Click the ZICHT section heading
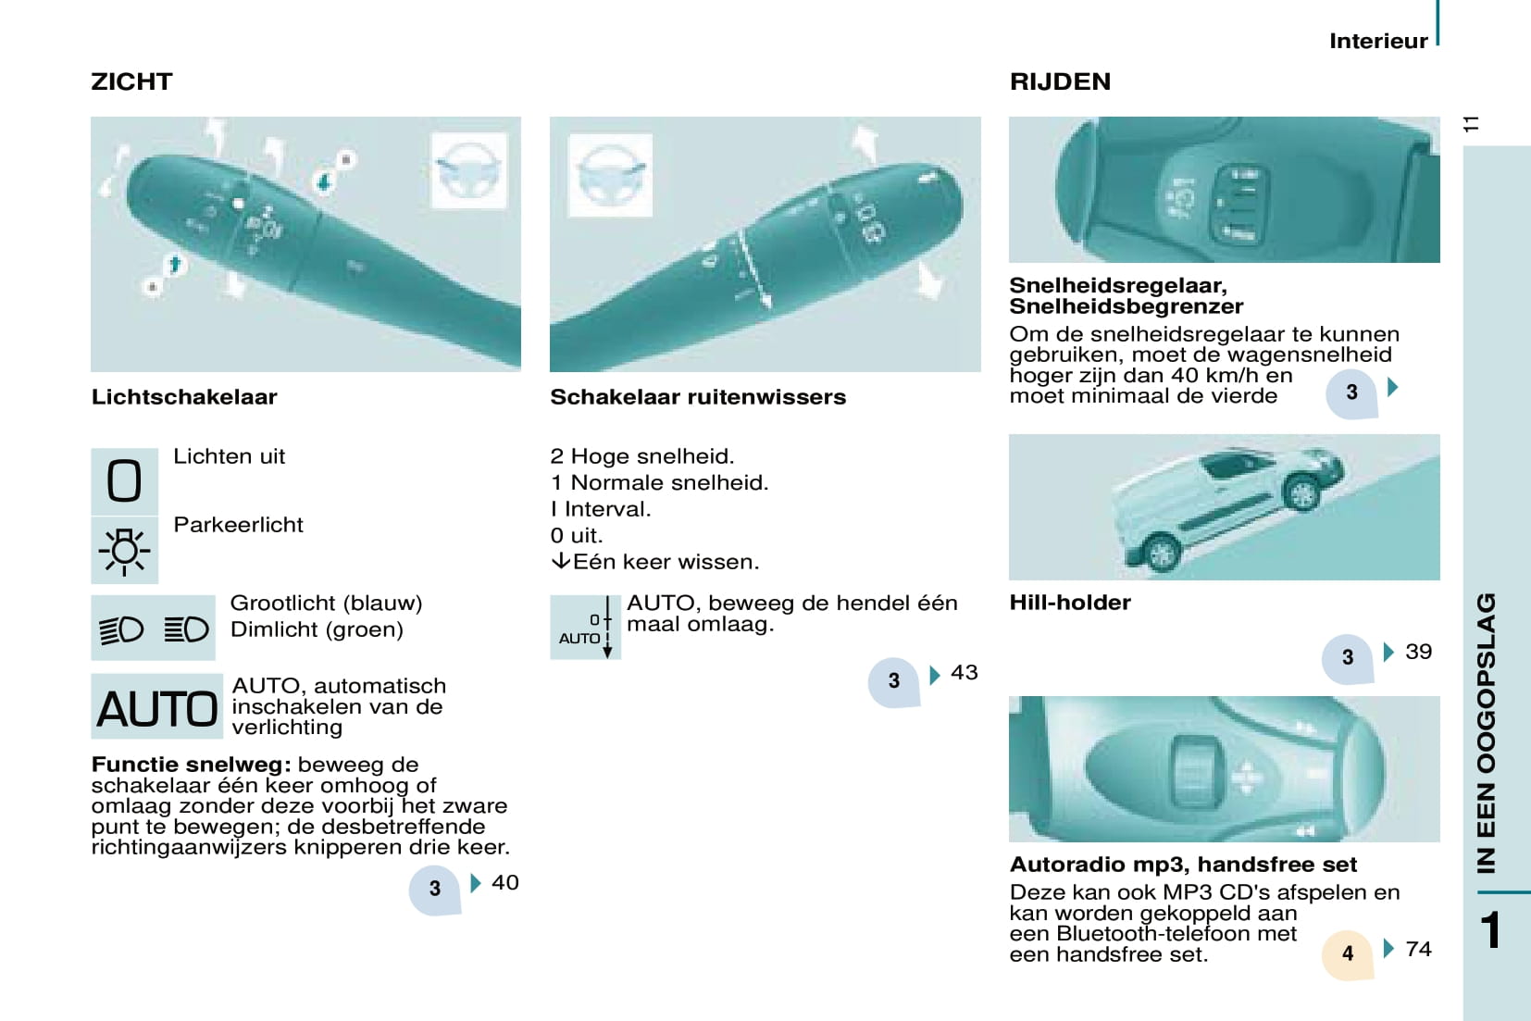coord(132,82)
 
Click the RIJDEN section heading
coord(1060,82)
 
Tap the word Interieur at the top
coord(1378,41)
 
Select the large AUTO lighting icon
coord(156,706)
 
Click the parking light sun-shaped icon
coord(124,551)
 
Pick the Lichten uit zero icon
coord(124,481)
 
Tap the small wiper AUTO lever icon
coord(585,628)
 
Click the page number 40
coord(505,883)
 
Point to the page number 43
coord(965,672)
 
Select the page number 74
coord(1418,949)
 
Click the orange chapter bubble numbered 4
coord(1347,954)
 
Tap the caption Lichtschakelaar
coord(184,397)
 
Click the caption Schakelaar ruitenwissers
coord(698,397)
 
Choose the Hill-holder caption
coord(1070,603)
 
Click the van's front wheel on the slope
coord(1302,492)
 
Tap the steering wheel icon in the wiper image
coord(610,176)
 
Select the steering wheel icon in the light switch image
coord(469,170)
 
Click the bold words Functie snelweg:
coord(192,764)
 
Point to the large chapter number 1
coord(1491,930)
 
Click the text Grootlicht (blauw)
coord(326,603)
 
